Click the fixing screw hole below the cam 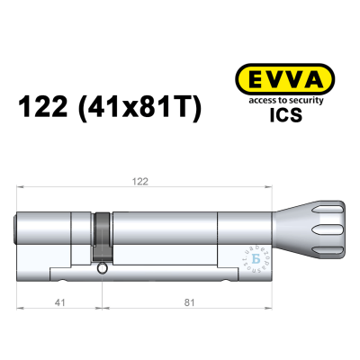tap(102, 267)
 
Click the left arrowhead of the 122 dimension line tap(20, 187)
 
